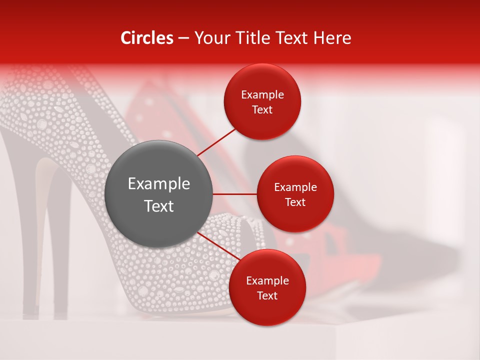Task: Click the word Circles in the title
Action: [x=147, y=38]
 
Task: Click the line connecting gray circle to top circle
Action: [x=216, y=142]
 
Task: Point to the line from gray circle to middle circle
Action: [x=235, y=194]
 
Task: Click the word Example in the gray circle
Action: [x=159, y=184]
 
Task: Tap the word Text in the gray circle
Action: [x=159, y=206]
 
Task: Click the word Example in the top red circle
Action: [x=262, y=95]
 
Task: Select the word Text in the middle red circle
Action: [x=295, y=202]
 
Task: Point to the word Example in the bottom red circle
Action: [x=267, y=280]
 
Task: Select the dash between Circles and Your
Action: [x=183, y=38]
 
